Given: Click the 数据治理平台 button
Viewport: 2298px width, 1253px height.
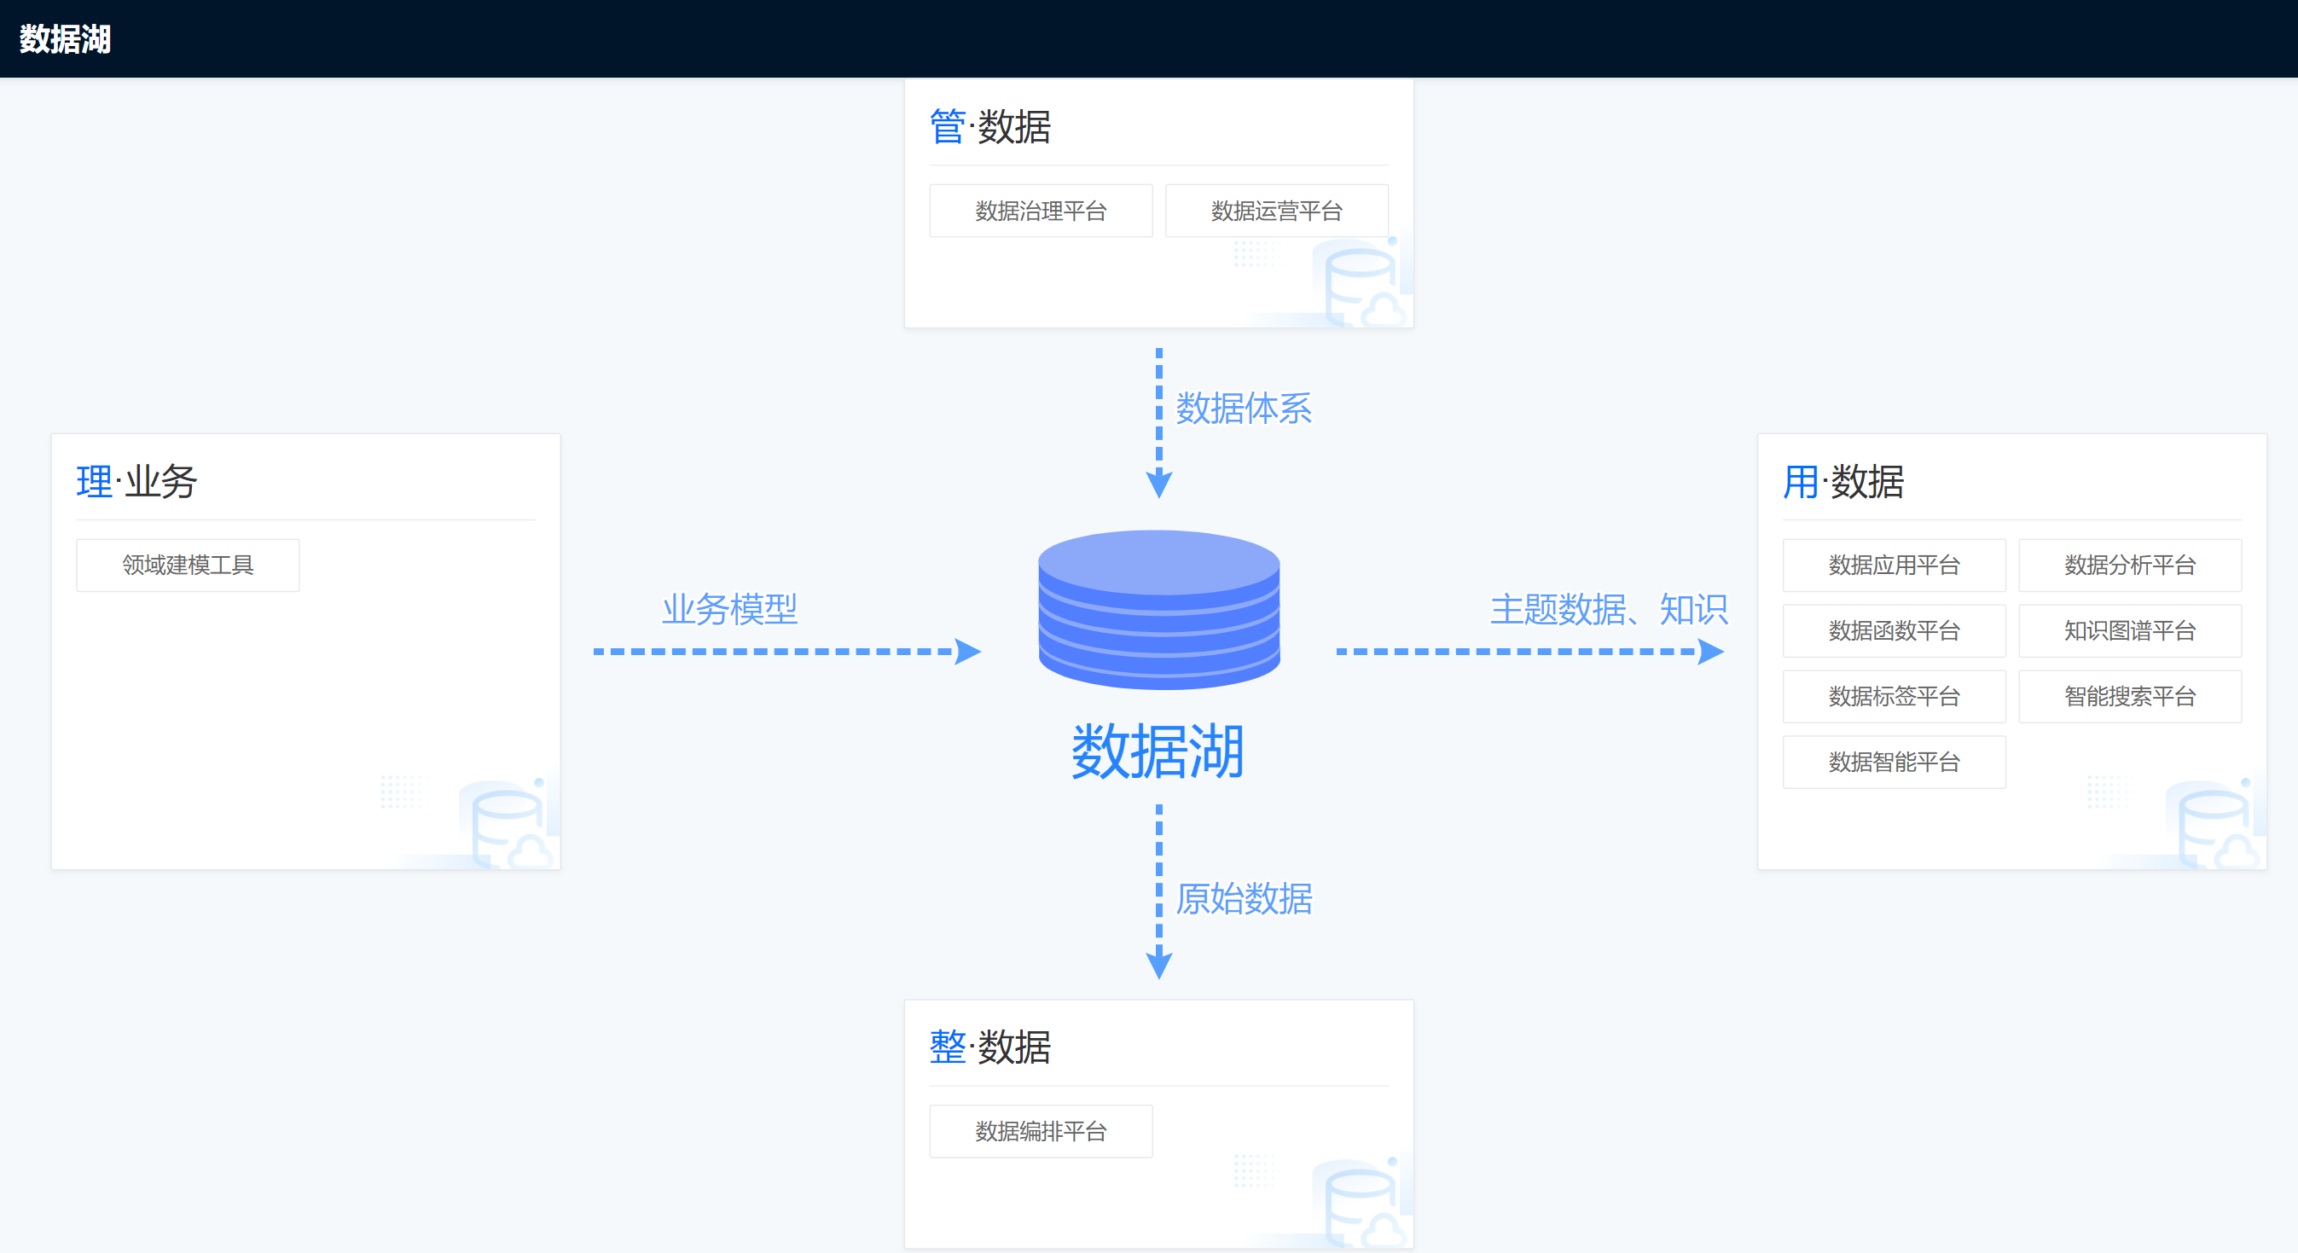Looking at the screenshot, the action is pos(1040,211).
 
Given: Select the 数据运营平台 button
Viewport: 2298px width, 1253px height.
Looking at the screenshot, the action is pos(1277,211).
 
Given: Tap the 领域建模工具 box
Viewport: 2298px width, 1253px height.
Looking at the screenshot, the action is pos(188,565).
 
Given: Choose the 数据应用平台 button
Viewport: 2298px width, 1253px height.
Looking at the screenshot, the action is pos(1894,565).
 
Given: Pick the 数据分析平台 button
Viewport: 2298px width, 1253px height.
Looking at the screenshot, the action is pos(2129,565).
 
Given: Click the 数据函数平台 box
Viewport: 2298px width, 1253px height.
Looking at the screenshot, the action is pos(1894,630).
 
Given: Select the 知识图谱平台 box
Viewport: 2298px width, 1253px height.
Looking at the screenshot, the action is pos(2129,630).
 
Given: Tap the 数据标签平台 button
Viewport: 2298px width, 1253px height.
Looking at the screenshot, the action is pos(1894,697).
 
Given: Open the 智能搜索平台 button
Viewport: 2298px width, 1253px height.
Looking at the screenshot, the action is pos(2129,697).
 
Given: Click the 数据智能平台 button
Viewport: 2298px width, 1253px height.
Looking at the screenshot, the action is pos(1894,762).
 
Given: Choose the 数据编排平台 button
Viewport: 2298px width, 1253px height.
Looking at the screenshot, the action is pos(1040,1131).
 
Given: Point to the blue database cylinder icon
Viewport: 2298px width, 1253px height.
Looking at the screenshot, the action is pos(1159,609).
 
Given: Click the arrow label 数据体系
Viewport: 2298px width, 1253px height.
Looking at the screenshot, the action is pos(1244,409).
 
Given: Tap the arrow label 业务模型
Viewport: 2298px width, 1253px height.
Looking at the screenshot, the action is pos(729,609).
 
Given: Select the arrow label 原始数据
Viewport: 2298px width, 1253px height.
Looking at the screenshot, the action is pos(1244,899).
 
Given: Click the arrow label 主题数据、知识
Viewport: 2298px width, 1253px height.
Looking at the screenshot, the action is pos(1610,609).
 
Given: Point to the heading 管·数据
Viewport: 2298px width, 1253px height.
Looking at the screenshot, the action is pos(990,126).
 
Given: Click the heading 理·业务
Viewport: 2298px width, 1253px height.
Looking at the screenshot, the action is pos(136,482).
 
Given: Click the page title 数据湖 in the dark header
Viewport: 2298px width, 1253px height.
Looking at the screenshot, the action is pos(65,39).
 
